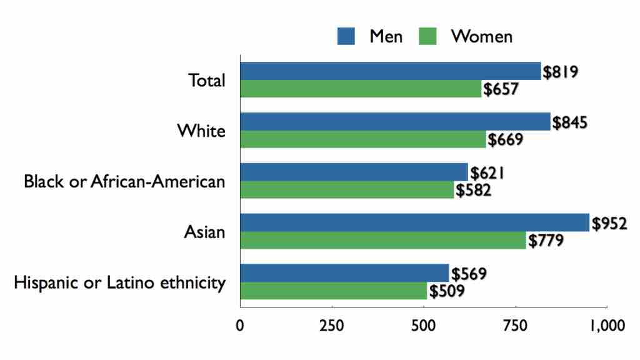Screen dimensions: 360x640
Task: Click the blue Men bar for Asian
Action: pyautogui.click(x=414, y=222)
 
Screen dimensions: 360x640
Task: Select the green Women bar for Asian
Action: pyautogui.click(x=382, y=241)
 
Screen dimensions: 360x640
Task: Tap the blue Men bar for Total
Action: pyautogui.click(x=390, y=71)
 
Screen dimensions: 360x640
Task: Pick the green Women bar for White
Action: pyautogui.click(x=362, y=139)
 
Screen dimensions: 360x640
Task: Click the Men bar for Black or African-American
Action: pyautogui.click(x=354, y=172)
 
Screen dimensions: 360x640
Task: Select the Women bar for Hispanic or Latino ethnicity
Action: pyautogui.click(x=333, y=291)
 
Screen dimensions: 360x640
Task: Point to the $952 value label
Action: pyautogui.click(x=609, y=223)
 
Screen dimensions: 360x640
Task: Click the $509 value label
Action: pyautogui.click(x=446, y=291)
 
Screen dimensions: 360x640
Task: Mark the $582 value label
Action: pyautogui.click(x=473, y=190)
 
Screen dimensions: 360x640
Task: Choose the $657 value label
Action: pyautogui.click(x=500, y=89)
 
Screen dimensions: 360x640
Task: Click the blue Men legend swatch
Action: pyautogui.click(x=346, y=37)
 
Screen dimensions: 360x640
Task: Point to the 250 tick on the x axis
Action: pyautogui.click(x=332, y=326)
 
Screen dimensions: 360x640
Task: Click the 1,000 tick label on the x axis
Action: pyautogui.click(x=606, y=326)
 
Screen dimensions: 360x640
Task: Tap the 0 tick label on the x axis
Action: pyautogui.click(x=240, y=326)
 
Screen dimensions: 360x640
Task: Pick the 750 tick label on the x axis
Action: pyautogui.click(x=515, y=326)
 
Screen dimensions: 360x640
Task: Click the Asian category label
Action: pyautogui.click(x=204, y=232)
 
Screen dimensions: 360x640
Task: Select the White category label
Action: pyautogui.click(x=201, y=131)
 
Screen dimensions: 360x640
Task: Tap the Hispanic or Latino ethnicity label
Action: pyautogui.click(x=119, y=283)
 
